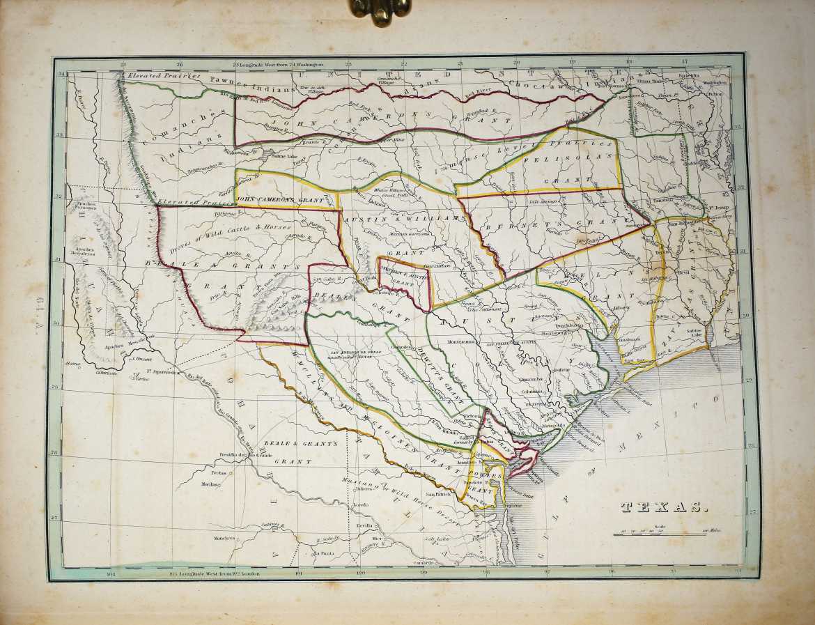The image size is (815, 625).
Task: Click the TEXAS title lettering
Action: tap(663, 507)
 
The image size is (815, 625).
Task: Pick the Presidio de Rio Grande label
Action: tap(245, 455)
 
